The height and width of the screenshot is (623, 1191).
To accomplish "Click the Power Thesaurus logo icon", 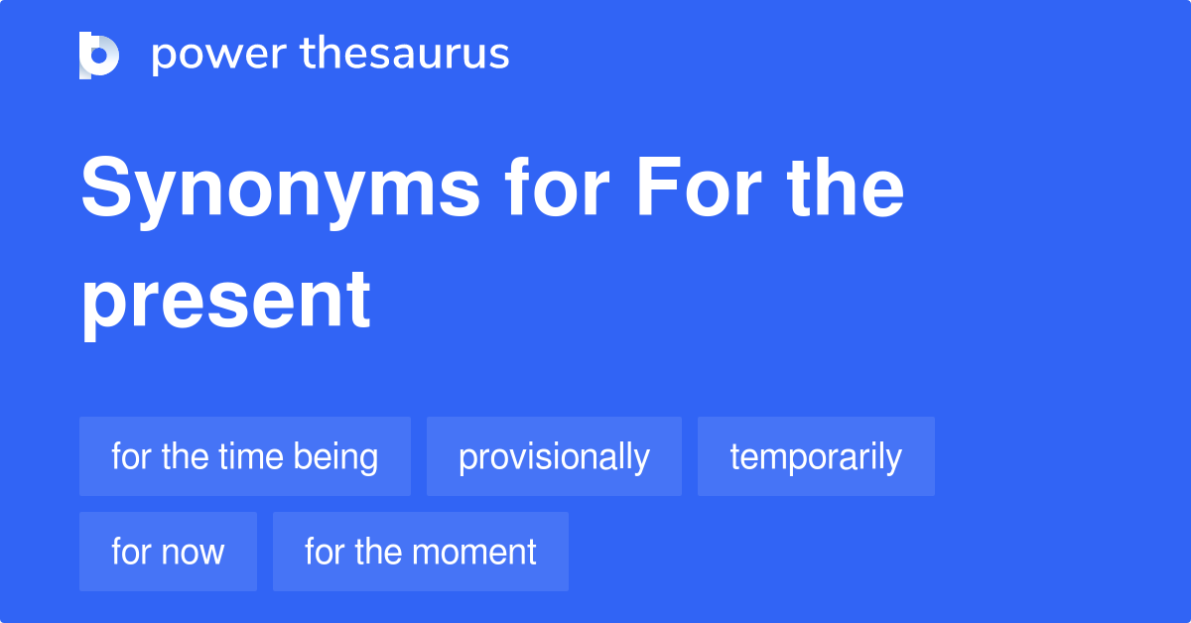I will [99, 55].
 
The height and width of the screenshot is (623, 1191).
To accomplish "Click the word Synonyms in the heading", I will [280, 190].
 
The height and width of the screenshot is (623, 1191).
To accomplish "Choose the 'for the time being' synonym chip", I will [245, 456].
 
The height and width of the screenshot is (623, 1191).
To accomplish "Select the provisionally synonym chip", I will [554, 456].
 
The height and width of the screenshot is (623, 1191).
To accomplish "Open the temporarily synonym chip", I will [816, 456].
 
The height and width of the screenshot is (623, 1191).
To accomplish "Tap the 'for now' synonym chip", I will [168, 552].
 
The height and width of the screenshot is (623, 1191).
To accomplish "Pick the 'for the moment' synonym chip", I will [421, 552].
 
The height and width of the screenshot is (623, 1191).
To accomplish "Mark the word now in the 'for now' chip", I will [195, 553].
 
